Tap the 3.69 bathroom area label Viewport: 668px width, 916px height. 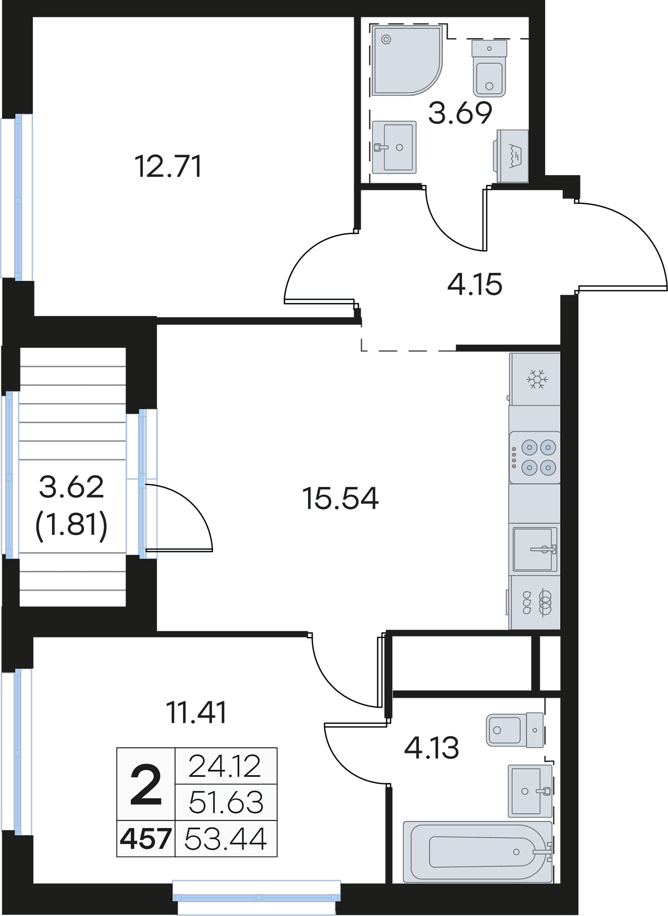point(460,113)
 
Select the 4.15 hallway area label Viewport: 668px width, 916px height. point(475,284)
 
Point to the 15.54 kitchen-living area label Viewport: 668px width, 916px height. point(341,498)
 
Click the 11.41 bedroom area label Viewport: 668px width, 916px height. point(196,712)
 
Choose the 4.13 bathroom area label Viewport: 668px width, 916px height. point(432,748)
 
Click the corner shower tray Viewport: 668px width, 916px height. point(407,60)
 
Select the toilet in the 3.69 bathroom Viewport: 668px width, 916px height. point(489,68)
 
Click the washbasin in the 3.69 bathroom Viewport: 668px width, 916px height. point(394,147)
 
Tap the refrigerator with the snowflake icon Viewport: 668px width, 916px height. point(535,379)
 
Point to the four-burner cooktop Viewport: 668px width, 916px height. point(535,458)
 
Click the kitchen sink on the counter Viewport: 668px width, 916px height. point(534,549)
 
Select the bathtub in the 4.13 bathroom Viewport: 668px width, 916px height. point(478,852)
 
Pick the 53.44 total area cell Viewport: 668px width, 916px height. point(226,839)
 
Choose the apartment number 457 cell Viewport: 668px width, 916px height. point(146,839)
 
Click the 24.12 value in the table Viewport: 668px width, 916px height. point(226,766)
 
